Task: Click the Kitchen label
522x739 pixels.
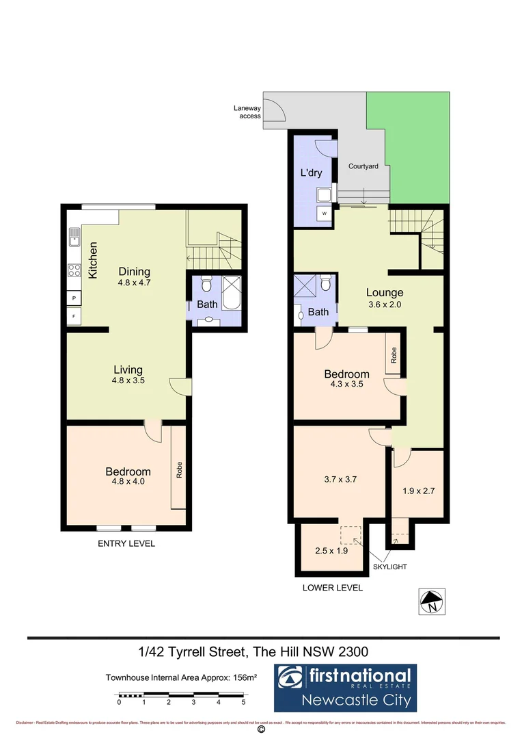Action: [93, 260]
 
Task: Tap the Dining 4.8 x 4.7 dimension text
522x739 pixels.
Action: [134, 283]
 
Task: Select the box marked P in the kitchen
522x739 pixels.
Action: [74, 298]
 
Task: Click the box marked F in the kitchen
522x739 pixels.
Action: [74, 317]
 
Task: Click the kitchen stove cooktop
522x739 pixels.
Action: [74, 270]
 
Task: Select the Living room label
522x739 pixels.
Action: [128, 370]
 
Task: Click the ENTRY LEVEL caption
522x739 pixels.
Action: [126, 543]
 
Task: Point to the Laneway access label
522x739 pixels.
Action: [247, 112]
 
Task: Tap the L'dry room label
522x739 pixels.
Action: [311, 173]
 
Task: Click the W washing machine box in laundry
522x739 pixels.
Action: [325, 213]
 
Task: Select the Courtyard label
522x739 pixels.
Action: [363, 166]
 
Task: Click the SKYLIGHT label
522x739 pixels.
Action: [390, 567]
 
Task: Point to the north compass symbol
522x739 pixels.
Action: [431, 601]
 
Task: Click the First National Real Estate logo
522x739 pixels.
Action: [345, 688]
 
